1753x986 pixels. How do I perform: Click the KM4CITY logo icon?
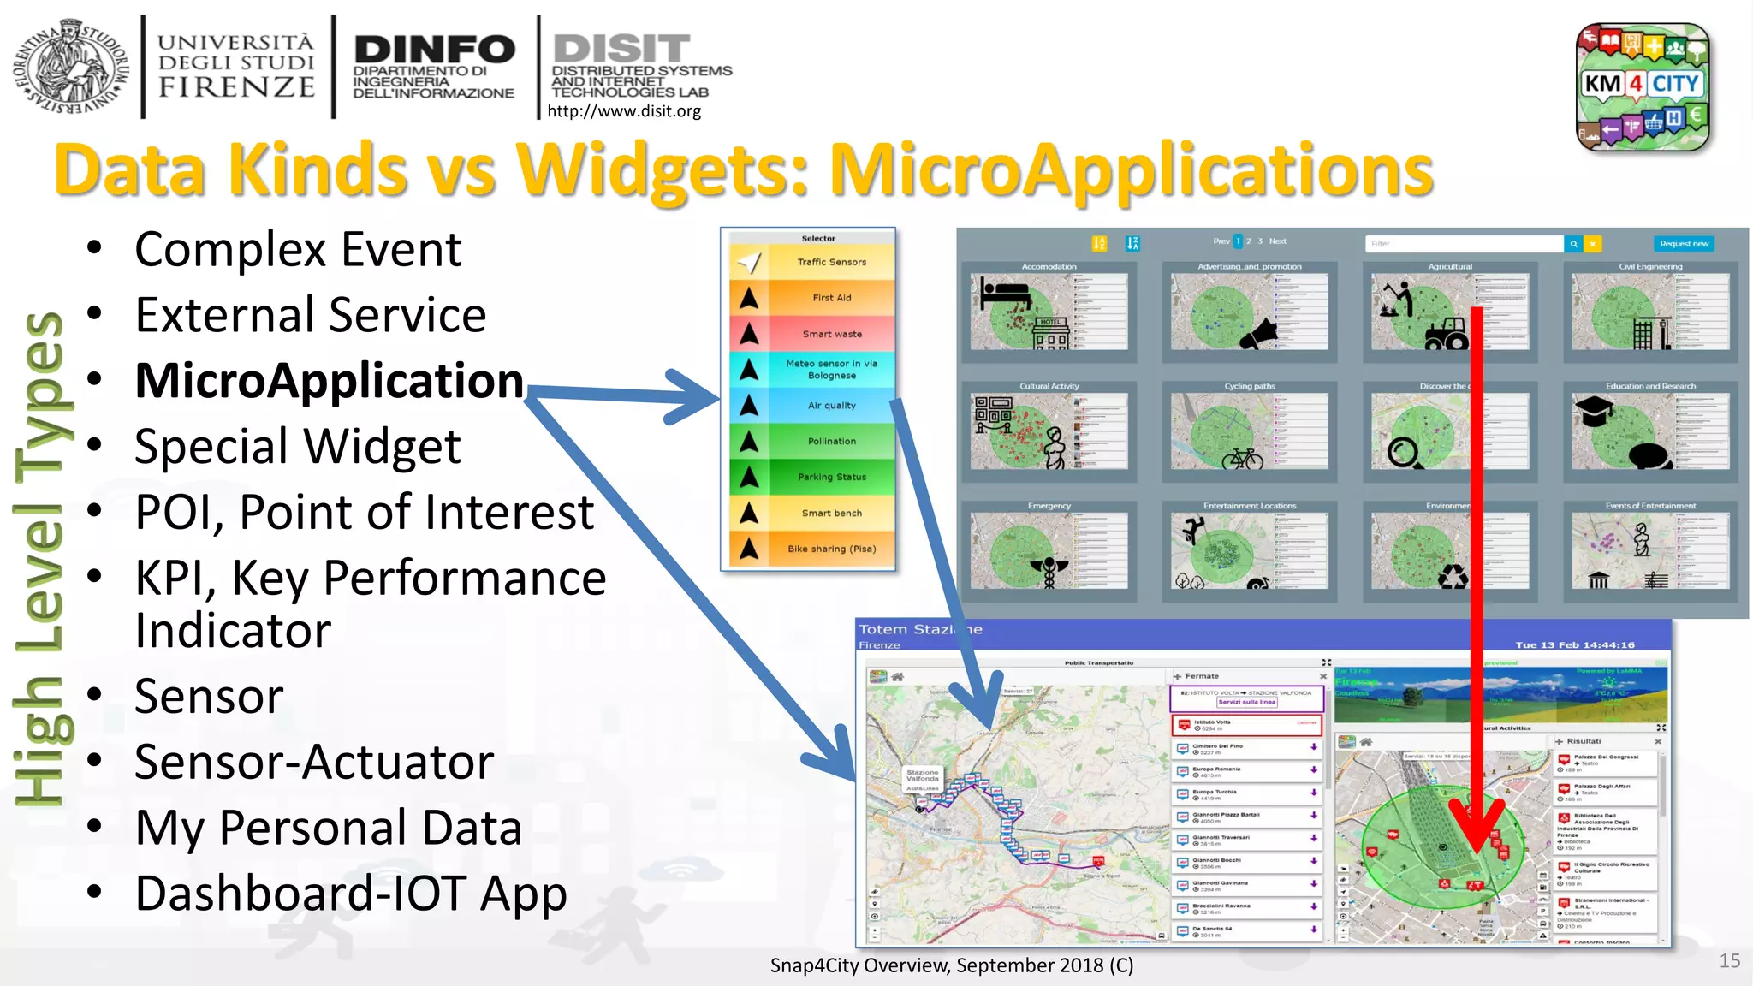point(1643,86)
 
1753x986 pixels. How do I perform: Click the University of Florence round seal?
point(70,67)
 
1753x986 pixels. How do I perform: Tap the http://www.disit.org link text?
point(623,111)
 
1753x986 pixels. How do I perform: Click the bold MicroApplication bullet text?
point(330,381)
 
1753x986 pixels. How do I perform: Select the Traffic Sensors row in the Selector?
point(830,262)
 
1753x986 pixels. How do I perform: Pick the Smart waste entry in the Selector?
point(831,334)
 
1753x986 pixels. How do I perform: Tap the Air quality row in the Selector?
point(831,406)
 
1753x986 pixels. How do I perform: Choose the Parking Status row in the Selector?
point(831,477)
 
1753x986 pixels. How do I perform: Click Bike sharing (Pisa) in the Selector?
point(831,549)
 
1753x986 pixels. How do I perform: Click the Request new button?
point(1683,244)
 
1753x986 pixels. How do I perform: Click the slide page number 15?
point(1729,960)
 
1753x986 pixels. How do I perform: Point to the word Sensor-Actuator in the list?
point(314,762)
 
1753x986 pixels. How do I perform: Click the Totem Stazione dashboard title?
point(920,629)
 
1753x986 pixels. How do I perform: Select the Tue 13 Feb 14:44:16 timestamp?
point(1574,644)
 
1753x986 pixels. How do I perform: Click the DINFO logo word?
point(434,50)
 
